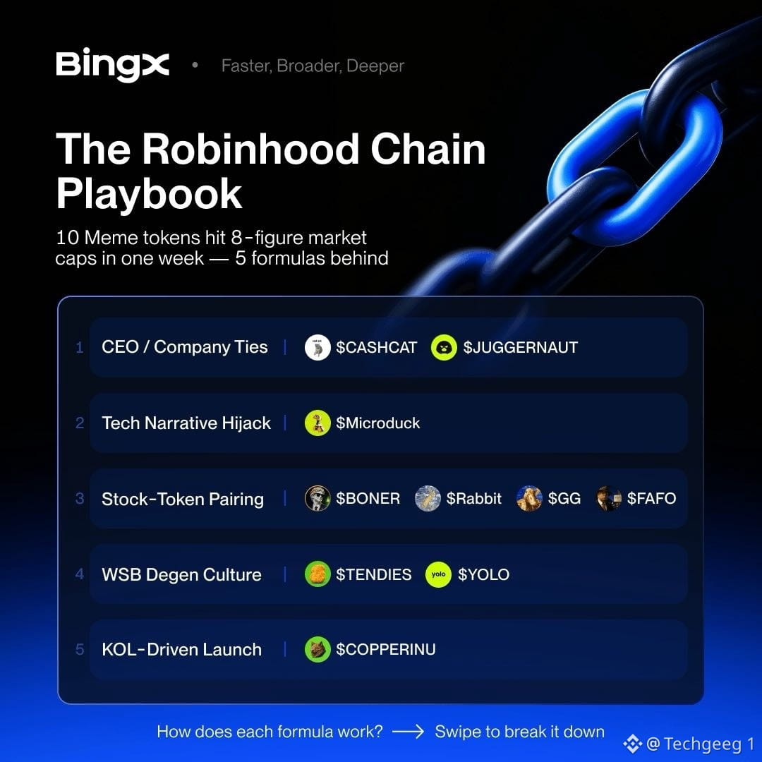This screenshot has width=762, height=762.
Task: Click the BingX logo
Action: click(112, 64)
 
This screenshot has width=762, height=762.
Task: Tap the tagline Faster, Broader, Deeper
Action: click(313, 66)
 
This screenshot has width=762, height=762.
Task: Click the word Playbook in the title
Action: click(149, 194)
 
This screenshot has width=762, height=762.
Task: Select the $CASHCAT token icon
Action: click(317, 347)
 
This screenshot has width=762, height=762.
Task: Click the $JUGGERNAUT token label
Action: click(521, 347)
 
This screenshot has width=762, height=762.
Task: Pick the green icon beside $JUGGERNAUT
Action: click(444, 347)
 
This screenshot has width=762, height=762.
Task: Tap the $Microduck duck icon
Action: click(317, 423)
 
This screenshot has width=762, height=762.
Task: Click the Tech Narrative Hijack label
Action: click(186, 423)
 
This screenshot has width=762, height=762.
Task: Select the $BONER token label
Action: click(368, 499)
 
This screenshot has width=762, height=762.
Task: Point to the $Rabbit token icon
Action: click(428, 499)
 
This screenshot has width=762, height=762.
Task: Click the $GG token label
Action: click(564, 499)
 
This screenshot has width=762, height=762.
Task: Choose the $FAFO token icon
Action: click(608, 499)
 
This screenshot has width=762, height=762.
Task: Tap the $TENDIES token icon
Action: click(317, 574)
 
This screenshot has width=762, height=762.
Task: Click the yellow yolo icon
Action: click(438, 574)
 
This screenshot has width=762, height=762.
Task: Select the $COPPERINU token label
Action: click(386, 650)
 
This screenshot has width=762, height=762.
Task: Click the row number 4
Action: click(80, 574)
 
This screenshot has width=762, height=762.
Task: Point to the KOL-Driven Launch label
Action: click(182, 650)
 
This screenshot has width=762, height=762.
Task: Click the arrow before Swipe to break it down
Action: click(408, 732)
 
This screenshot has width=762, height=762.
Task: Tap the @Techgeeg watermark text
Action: click(701, 744)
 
